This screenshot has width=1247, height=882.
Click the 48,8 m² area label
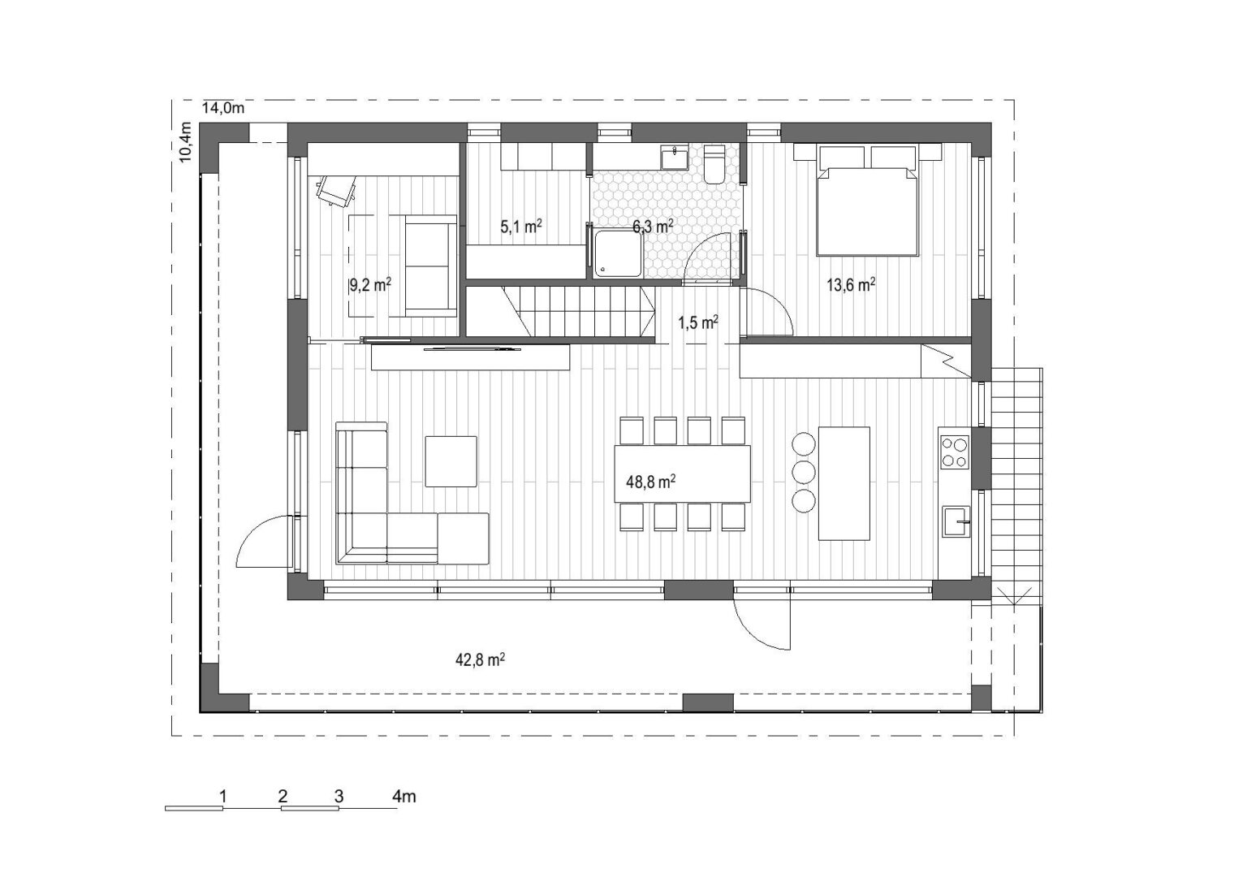(651, 481)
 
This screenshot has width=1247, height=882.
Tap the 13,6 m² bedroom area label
(851, 285)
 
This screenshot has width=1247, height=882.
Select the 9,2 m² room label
(370, 285)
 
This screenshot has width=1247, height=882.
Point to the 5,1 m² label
(521, 226)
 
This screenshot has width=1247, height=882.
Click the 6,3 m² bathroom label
(653, 226)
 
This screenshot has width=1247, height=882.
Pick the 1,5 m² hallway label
(697, 322)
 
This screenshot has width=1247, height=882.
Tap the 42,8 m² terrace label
(481, 659)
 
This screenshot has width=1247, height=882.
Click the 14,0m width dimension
(222, 108)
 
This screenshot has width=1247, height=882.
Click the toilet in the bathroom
(714, 164)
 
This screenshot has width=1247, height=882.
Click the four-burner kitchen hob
(955, 452)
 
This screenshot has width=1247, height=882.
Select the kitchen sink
(956, 521)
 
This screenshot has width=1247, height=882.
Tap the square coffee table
(451, 461)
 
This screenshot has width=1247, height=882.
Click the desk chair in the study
(336, 190)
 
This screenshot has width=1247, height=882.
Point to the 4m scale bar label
(404, 797)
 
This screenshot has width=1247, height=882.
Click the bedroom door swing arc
(778, 304)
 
